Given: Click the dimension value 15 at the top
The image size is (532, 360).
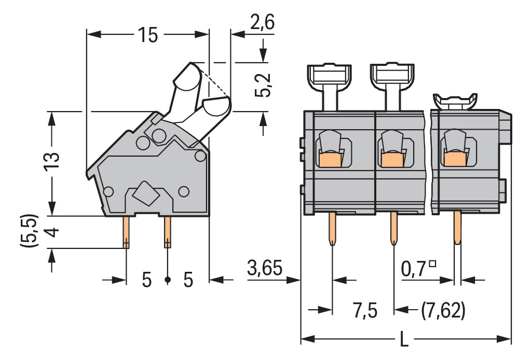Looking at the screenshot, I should [147, 35].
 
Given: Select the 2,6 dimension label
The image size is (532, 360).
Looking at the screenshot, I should [262, 23].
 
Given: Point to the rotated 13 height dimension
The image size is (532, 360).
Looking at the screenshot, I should [52, 163].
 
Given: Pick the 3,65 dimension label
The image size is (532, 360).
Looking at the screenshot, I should [265, 269].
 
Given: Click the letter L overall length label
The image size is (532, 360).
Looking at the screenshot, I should [404, 340].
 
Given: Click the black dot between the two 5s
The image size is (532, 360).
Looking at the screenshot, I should [167, 280].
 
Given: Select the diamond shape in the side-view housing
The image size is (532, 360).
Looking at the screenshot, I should [146, 195].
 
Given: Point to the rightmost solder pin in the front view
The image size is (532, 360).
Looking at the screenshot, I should [457, 228].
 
